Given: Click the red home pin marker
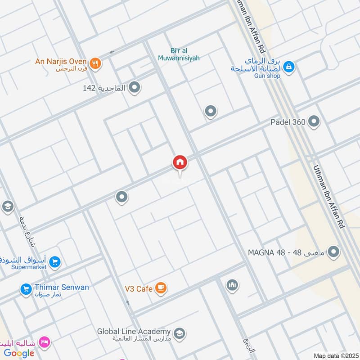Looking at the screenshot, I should [180, 162].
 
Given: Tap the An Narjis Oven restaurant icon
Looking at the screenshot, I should [95, 63].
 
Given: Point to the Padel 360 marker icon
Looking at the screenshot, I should [314, 121].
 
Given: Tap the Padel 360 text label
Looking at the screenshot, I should [288, 122].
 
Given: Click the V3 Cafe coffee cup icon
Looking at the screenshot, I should [161, 288].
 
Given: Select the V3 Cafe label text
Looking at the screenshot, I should [139, 289].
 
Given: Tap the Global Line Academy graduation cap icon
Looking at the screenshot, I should [179, 333].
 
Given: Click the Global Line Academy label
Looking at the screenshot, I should [134, 332].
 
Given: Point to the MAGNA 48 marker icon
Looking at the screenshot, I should [333, 252].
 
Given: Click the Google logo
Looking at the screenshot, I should [19, 353].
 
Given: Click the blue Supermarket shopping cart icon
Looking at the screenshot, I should [55, 262].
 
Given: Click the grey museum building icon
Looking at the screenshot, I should [232, 285].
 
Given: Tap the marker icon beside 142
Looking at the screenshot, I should [134, 88].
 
